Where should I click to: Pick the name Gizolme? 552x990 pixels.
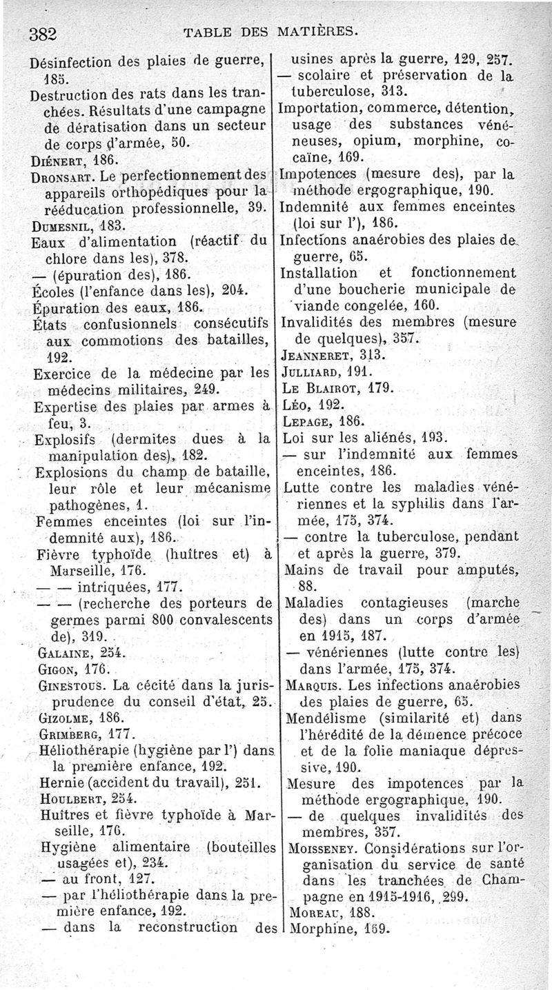coord(61,716)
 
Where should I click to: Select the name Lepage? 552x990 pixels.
coord(306,421)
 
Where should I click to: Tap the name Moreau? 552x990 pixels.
coord(309,912)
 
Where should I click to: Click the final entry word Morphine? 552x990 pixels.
coord(316,928)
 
